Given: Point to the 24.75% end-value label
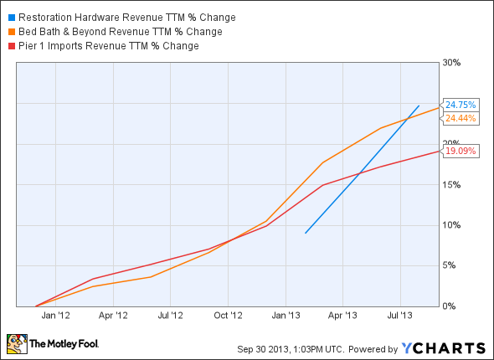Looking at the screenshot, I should pos(461,105).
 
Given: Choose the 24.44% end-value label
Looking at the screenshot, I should pos(461,118).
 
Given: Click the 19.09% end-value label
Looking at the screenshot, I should pos(461,152).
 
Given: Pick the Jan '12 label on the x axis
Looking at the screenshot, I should pos(55,316).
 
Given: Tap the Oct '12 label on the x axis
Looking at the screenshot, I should pos(228,316).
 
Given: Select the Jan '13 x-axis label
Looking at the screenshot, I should pos(286,316).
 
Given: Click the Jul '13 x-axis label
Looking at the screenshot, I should pos(400,316).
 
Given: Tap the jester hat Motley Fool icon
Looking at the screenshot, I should pos(16,343).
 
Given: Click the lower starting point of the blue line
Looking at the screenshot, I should pos(306,233).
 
